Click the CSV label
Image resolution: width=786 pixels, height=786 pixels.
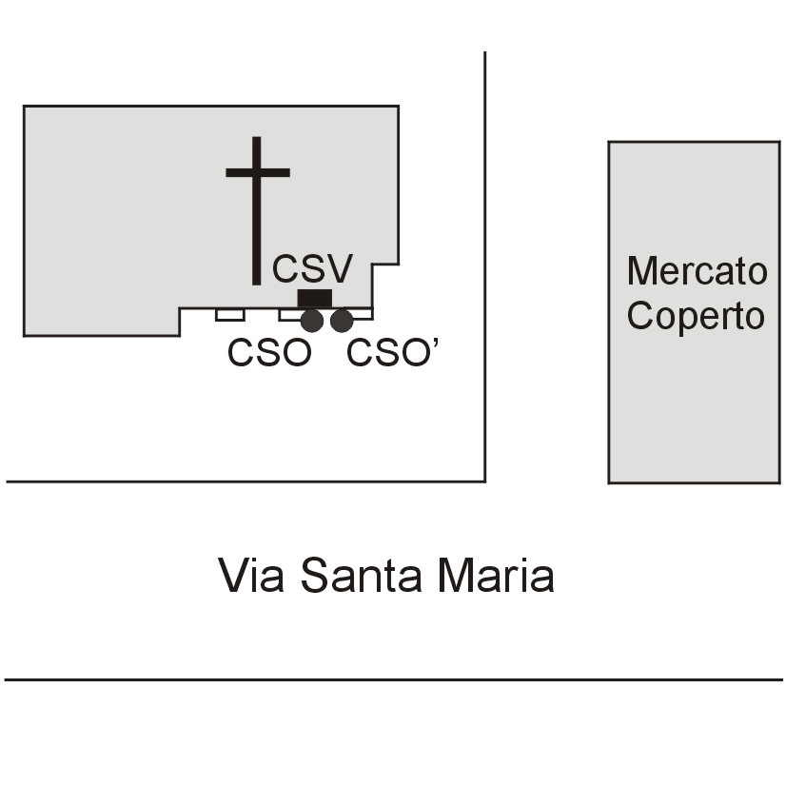point(312,268)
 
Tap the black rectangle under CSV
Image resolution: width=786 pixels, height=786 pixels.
point(314,298)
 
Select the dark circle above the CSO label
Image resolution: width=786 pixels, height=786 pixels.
point(312,321)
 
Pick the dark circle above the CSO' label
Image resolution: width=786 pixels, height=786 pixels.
point(342,321)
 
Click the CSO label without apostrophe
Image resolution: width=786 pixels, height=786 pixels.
point(269,353)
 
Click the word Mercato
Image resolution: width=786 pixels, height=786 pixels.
point(697,271)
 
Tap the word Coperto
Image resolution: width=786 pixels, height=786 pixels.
point(697,316)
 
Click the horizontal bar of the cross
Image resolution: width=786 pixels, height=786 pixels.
point(257,172)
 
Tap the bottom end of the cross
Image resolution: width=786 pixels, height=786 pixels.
point(256,281)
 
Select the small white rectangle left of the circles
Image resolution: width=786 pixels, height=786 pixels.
point(229,315)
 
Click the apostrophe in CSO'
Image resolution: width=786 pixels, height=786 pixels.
point(434,344)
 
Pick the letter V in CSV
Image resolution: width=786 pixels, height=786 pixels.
point(340,268)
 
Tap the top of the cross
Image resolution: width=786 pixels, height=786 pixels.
point(256,141)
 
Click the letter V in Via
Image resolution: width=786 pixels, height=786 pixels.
point(233,575)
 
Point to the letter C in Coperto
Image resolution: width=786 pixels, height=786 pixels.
point(640,316)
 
